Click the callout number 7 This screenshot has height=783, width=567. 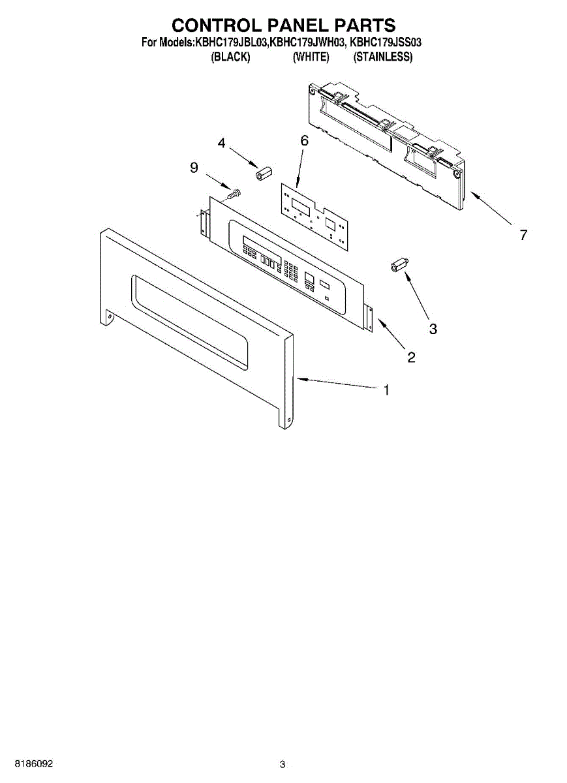coord(523,236)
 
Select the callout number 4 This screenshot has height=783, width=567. coord(222,144)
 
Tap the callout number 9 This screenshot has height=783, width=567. coord(194,168)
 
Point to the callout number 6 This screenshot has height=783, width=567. coord(304,140)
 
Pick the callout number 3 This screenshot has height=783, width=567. coord(433,329)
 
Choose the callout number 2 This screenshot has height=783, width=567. coord(411,357)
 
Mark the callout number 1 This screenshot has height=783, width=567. coord(386,390)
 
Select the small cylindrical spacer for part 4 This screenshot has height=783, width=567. coord(263,175)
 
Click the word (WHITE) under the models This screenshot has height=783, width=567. coord(311,57)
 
